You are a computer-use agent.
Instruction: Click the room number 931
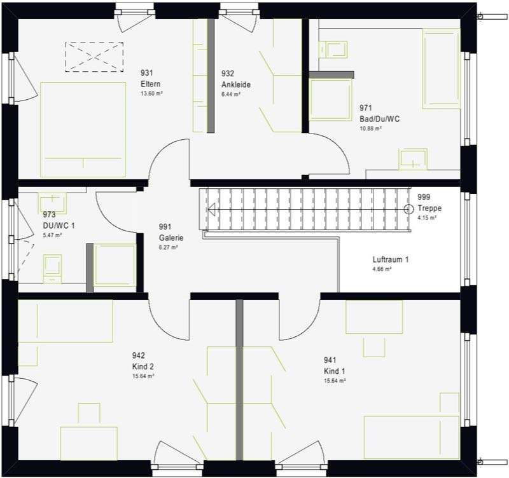coord(147,72)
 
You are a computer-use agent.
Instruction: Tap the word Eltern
coord(150,84)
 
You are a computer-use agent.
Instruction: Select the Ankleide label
coord(236,85)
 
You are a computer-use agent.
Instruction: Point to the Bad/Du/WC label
coord(379,119)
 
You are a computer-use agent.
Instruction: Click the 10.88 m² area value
coord(370,128)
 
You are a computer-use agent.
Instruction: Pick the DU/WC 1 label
coord(59,226)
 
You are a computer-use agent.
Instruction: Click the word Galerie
coord(171,238)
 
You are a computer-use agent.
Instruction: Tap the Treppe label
coord(429,208)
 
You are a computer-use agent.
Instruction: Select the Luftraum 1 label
coord(391,259)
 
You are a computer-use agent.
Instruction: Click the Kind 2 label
coord(143,366)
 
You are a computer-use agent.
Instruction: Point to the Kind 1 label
coord(335,371)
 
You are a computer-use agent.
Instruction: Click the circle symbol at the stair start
coord(408,209)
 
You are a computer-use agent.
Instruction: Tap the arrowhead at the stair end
coord(211,209)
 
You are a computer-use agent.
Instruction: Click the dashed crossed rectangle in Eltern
coord(94,57)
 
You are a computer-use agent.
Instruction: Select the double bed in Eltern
coord(83,130)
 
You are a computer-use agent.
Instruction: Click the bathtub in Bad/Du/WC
coord(441,69)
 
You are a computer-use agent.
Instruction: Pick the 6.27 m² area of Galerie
coord(168,247)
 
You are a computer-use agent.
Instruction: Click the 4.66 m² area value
coord(382,269)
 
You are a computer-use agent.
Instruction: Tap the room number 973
coord(50,214)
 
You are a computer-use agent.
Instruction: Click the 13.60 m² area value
coord(151,93)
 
